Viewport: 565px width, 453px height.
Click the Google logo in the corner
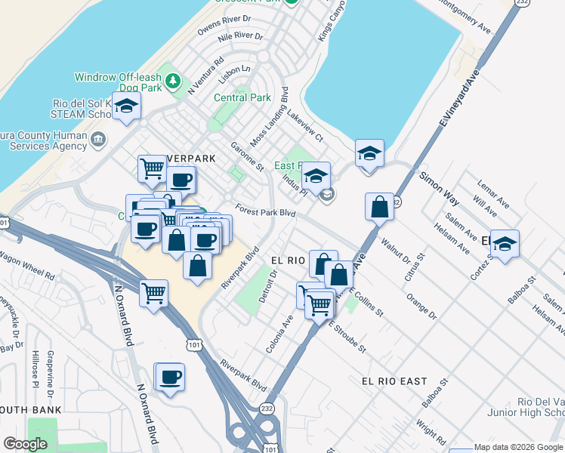25,444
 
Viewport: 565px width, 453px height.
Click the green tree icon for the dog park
173,80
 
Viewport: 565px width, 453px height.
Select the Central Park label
242,97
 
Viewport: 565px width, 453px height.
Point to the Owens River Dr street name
224,23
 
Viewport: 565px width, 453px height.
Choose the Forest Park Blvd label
264,212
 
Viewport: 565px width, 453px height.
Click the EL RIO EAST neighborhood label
394,381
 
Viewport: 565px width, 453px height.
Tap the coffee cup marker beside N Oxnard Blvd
169,377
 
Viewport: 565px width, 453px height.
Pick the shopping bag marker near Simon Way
379,206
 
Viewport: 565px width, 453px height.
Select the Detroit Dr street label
269,285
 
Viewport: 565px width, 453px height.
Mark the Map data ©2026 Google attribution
518,447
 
